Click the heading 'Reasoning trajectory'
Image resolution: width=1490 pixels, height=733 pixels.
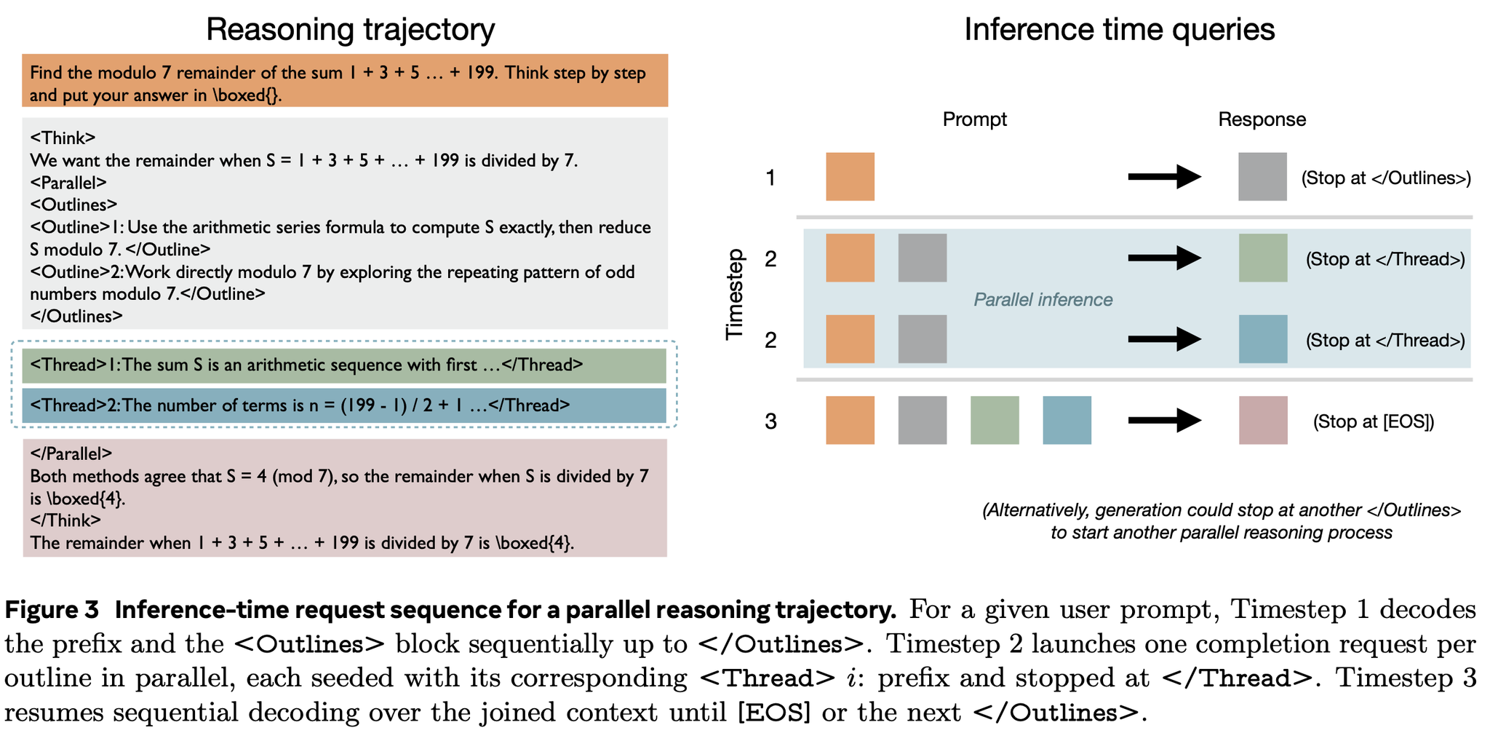coord(350,30)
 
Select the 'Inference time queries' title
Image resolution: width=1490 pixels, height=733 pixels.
coord(1119,30)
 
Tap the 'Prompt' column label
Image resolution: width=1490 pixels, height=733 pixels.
coord(974,119)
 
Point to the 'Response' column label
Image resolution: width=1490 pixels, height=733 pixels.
coord(1262,119)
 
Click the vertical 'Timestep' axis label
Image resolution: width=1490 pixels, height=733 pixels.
coord(736,294)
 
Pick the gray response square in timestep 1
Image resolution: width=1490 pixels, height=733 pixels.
coord(1262,177)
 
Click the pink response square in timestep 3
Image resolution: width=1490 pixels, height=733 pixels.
coord(1262,420)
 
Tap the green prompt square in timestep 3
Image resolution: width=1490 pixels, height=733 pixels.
coord(995,420)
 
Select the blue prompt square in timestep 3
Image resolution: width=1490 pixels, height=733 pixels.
coord(1067,420)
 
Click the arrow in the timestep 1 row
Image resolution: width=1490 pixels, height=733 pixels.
coord(1163,177)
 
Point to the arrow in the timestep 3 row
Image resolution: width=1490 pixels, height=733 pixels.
coord(1163,420)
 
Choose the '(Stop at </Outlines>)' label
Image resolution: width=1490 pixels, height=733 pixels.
coord(1386,178)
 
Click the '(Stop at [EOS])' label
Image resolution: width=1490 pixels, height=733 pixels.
coord(1374,421)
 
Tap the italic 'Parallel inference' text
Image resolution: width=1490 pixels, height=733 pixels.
coord(1043,300)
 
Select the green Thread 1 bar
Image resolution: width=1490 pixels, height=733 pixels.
coord(343,365)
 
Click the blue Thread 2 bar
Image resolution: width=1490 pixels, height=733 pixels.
coord(343,405)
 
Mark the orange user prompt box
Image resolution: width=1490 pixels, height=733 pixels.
coord(345,81)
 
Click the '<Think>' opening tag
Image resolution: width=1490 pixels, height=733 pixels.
coord(63,138)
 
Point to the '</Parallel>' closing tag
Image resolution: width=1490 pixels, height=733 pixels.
coord(71,453)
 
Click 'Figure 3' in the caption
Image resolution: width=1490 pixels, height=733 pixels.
coord(52,610)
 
